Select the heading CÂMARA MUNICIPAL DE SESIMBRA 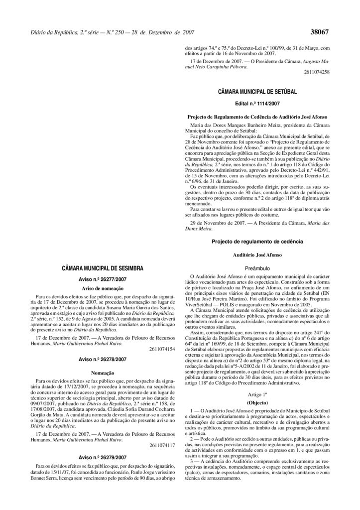point(103,268)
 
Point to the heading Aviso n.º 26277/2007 point(103,279)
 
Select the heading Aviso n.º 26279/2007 point(103,457)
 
